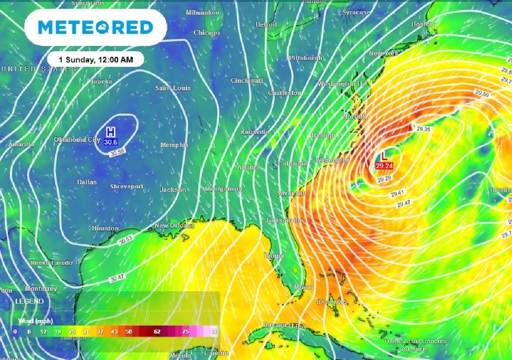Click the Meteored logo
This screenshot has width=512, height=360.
click(x=95, y=27)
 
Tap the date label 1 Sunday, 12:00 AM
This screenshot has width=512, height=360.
click(x=96, y=59)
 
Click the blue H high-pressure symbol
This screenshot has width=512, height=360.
click(x=111, y=132)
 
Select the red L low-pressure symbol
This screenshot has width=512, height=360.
click(x=383, y=156)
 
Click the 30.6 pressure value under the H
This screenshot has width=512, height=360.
click(x=111, y=142)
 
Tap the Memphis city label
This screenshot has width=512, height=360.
click(x=174, y=145)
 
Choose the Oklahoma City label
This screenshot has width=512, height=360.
click(x=77, y=140)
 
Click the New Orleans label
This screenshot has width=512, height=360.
click(x=174, y=226)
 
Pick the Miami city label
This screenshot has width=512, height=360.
click(x=303, y=287)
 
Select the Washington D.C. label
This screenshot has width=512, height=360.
click(x=343, y=84)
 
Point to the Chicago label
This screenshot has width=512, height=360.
click(x=206, y=33)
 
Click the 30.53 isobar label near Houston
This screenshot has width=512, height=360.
click(x=125, y=240)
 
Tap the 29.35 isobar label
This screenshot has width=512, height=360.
click(x=423, y=129)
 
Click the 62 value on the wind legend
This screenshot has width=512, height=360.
click(x=157, y=331)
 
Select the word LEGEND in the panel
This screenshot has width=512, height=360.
click(x=29, y=301)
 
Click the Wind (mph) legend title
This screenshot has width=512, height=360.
click(x=35, y=320)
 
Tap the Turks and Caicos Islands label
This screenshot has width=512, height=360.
click(x=414, y=345)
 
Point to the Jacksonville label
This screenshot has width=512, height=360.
click(x=284, y=220)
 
